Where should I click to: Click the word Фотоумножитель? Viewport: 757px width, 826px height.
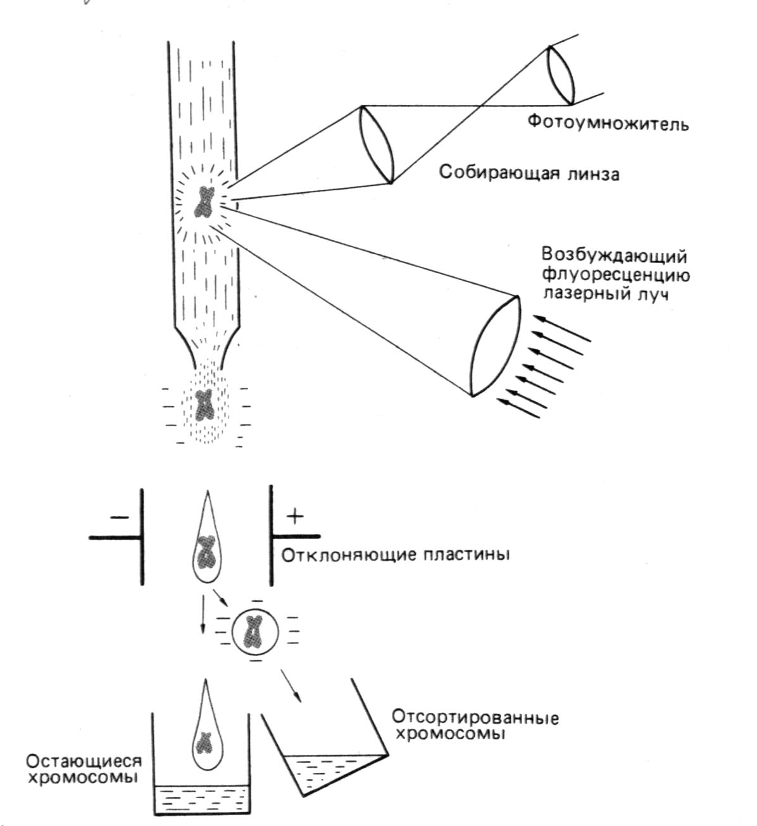click(x=608, y=123)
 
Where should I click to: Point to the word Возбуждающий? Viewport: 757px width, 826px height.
click(x=614, y=257)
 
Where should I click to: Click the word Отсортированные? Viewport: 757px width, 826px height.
click(x=475, y=717)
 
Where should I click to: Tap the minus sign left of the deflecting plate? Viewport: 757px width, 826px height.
click(x=119, y=517)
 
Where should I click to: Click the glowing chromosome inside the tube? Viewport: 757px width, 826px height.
click(x=204, y=202)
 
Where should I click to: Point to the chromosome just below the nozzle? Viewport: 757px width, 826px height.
click(x=204, y=405)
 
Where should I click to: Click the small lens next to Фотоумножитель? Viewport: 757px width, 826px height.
click(x=561, y=75)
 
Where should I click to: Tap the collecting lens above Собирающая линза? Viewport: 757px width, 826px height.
click(x=377, y=144)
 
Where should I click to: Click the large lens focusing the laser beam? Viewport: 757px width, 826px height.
click(x=494, y=347)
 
